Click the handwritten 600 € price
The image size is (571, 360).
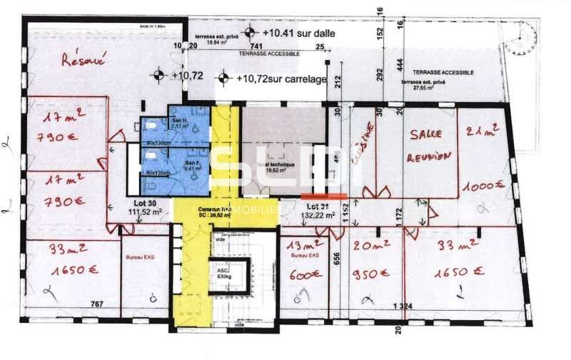[303, 273]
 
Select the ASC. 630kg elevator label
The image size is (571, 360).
[223, 274]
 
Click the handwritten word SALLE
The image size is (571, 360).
[427, 134]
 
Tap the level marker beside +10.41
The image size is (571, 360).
[249, 32]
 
